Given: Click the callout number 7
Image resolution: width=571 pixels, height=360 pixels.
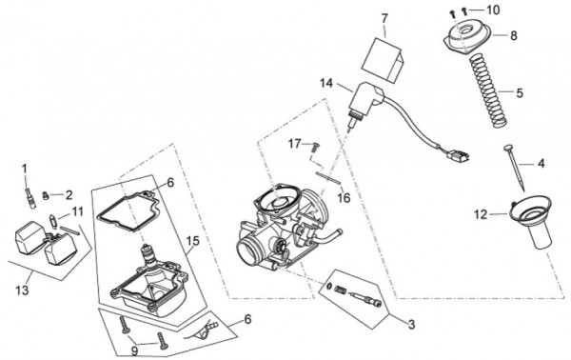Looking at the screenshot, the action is (384, 18).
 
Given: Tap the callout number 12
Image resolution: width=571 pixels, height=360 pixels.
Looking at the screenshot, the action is (481, 214).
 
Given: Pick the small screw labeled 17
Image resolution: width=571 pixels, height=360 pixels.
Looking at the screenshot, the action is (315, 146).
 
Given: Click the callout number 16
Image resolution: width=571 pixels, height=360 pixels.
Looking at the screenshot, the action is (344, 198).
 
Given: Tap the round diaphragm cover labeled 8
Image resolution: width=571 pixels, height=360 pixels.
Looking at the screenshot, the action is (467, 37).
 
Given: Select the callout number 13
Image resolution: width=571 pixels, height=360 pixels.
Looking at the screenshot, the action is (22, 290).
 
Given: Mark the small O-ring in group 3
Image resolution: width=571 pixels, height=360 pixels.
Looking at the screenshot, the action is (329, 286).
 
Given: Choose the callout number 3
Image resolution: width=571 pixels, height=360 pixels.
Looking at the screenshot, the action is (411, 325).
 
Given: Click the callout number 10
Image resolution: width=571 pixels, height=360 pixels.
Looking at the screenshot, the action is (493, 10).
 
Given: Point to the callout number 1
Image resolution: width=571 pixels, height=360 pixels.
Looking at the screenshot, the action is (25, 170).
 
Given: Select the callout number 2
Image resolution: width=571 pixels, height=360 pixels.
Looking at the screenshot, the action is (69, 195).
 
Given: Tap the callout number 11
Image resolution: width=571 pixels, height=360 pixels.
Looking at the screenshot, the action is (77, 211).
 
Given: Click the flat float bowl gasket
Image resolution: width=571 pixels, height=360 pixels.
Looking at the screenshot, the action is (128, 210).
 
